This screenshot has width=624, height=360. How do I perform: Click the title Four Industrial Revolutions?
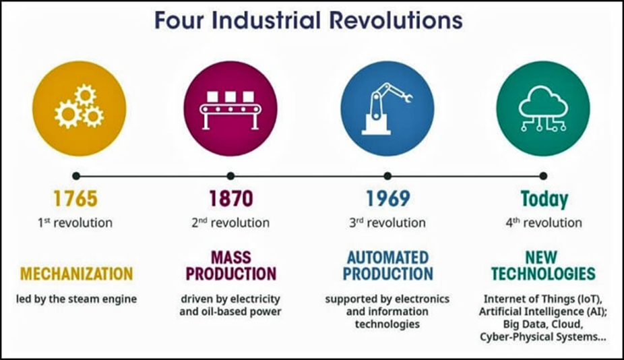pos(309,21)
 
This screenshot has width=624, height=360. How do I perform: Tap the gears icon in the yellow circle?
pos(80,107)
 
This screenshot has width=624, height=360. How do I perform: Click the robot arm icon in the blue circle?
pos(387,109)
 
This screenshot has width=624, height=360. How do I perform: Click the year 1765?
pos(75,198)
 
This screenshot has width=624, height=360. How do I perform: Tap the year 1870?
pos(231,198)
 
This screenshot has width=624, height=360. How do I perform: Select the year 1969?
pos(387,198)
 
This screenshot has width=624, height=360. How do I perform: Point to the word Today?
pos(544,199)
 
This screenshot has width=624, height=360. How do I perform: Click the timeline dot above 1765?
pos(76,176)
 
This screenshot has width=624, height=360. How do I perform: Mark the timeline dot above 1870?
pos(230,176)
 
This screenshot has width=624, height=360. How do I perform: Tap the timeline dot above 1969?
pos(387,176)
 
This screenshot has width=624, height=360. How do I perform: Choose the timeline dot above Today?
pos(543,176)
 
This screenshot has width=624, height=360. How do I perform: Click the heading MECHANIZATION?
pos(76,274)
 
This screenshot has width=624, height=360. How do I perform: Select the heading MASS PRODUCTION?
pos(231,266)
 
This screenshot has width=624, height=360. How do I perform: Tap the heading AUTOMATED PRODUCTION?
pos(388,266)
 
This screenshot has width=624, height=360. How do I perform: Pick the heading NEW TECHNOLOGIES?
pos(543,266)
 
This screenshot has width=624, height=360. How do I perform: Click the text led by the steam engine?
pos(76,299)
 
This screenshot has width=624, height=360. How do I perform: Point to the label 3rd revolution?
pos(387,222)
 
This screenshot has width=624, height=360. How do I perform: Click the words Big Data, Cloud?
pos(543,324)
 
